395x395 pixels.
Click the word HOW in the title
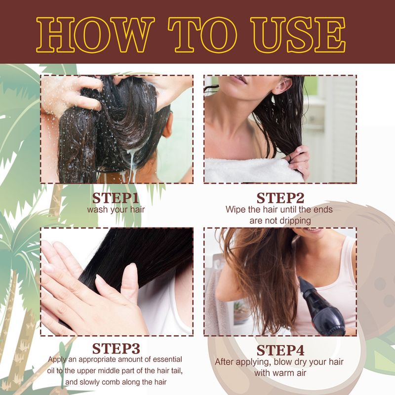tap(95, 35)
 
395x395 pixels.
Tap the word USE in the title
tap(298, 35)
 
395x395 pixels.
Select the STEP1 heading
tap(116, 198)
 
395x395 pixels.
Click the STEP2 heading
tap(280, 198)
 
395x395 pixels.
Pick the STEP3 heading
tap(116, 349)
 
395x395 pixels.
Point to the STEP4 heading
tap(280, 351)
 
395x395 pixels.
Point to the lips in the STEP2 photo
tap(238, 79)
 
